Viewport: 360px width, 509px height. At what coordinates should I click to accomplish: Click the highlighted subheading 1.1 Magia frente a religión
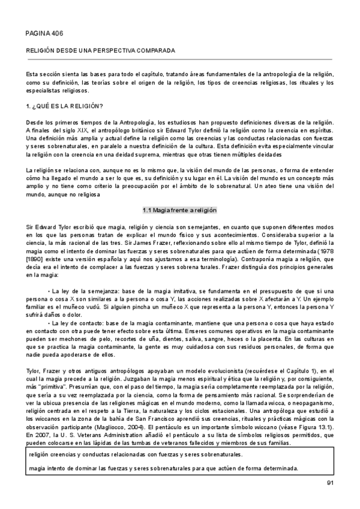click(x=179, y=210)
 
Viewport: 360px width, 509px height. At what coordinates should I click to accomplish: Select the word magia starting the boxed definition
click(x=37, y=468)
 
